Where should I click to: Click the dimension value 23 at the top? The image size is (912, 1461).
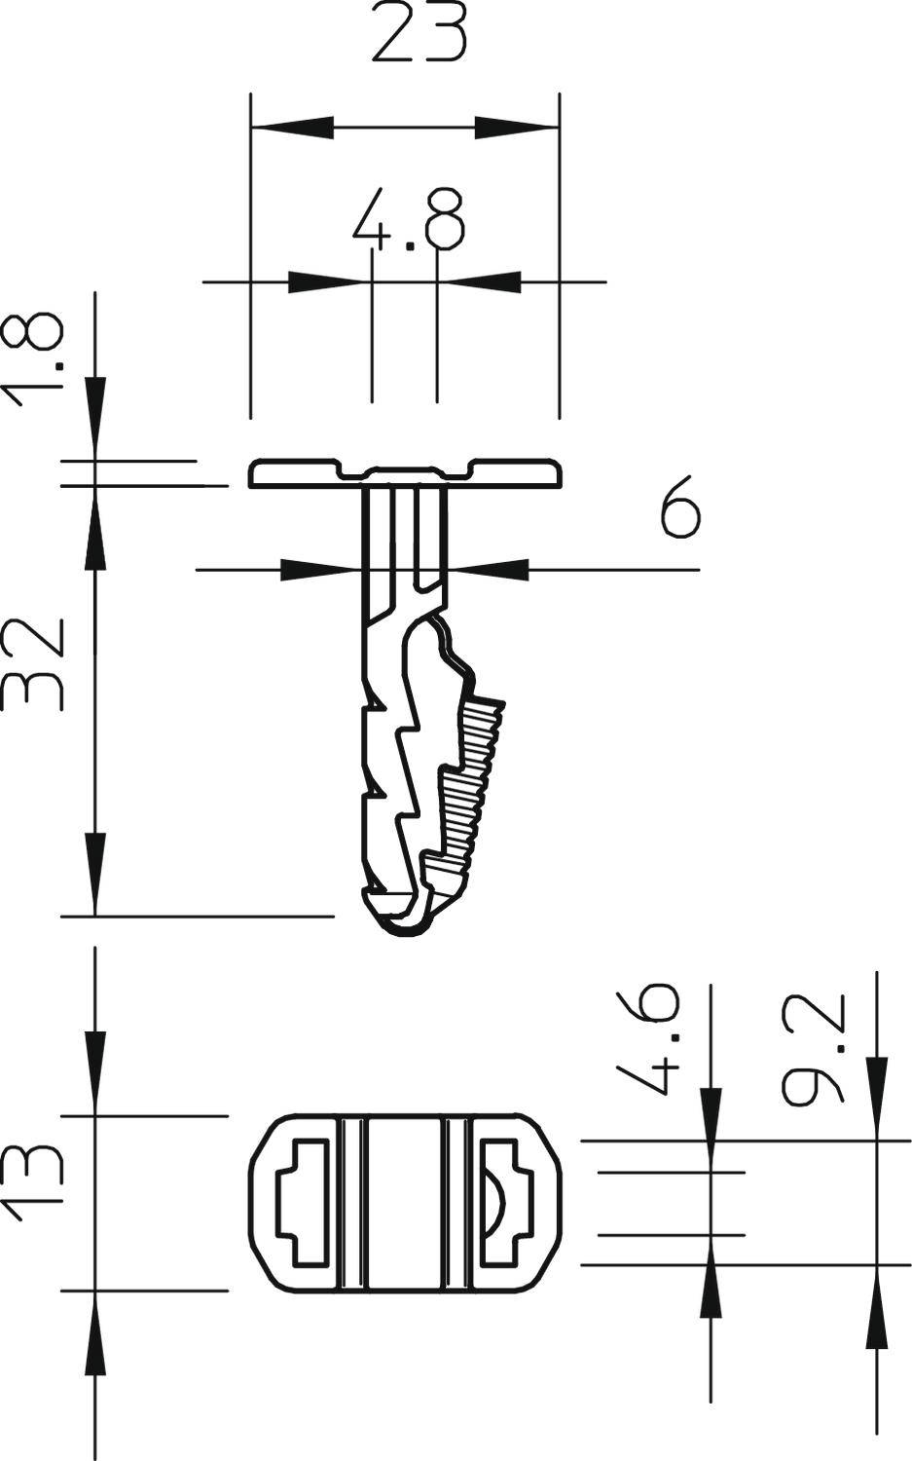(420, 34)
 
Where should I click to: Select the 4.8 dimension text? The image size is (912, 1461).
(409, 221)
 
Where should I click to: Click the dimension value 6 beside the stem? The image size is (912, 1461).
(678, 506)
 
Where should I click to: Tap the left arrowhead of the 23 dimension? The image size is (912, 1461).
(292, 127)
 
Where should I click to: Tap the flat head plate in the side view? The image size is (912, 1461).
(292, 473)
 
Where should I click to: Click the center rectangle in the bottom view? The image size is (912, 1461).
(405, 1204)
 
